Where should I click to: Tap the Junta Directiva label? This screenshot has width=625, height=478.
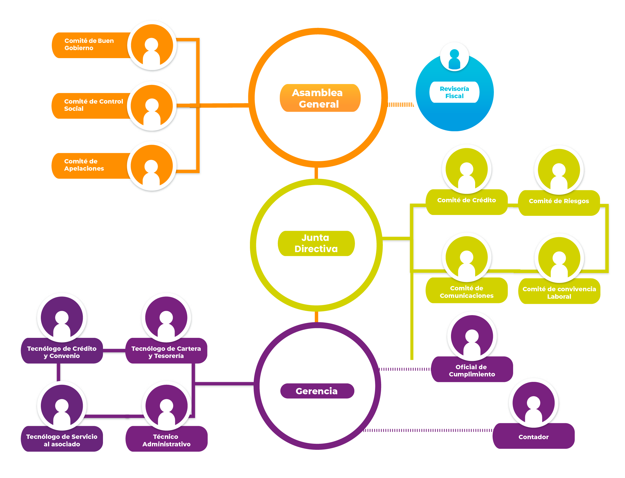pos(316,243)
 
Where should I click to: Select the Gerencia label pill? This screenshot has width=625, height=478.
pos(317,391)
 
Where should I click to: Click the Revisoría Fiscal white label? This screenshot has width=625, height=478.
pos(454,92)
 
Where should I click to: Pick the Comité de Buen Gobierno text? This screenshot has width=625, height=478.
pos(89,44)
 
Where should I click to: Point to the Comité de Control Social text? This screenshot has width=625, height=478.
pos(93,105)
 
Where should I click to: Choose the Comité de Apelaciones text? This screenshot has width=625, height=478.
pos(84,165)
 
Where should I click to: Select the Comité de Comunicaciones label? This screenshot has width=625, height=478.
pos(466,292)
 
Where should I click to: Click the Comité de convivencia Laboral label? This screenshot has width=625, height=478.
pos(559,292)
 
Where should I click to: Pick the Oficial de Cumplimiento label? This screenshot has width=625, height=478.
pos(472,370)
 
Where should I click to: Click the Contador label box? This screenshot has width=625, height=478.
pos(533,437)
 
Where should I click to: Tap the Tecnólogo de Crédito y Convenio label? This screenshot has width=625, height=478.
pos(62,352)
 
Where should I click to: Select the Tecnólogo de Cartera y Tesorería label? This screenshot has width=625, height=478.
pos(166,352)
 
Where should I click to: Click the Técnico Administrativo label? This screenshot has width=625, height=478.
pos(166,440)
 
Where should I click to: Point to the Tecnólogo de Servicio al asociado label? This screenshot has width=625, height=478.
pos(62,440)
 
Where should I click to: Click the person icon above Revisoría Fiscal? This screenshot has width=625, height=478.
pos(454,58)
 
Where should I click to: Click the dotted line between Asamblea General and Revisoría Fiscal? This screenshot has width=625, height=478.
pos(401,105)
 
